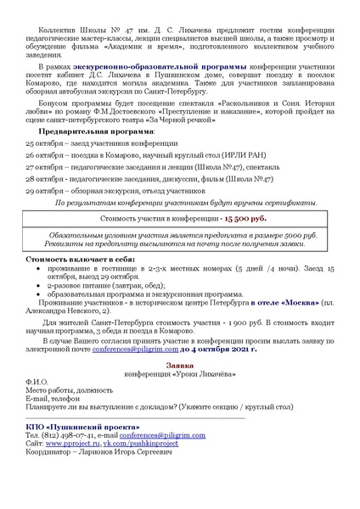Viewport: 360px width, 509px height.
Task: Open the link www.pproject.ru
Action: click(x=72, y=443)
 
